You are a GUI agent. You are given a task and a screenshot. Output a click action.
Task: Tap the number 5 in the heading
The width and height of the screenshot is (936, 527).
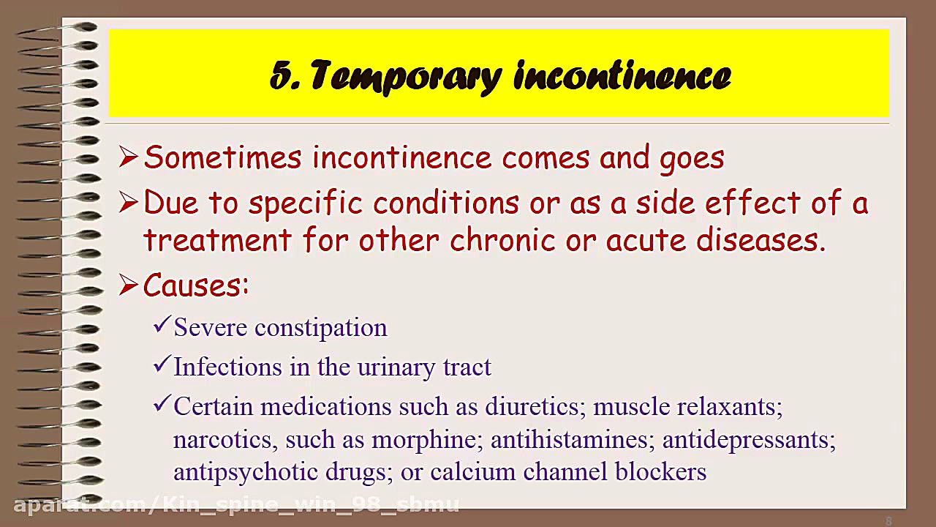pos(281,76)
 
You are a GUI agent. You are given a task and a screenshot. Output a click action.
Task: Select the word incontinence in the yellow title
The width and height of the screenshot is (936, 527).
pos(622,76)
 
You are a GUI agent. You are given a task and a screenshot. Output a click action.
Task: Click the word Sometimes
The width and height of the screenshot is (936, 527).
pos(223,158)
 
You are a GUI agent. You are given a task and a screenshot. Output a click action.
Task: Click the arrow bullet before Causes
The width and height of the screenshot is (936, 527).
pos(128,285)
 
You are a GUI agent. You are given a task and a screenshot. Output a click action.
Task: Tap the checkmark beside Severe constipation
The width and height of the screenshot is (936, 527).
pos(161,325)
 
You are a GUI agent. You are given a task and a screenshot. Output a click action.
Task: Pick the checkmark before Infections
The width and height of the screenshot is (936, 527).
pos(161,365)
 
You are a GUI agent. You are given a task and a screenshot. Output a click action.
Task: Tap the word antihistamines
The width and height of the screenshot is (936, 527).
pos(571,440)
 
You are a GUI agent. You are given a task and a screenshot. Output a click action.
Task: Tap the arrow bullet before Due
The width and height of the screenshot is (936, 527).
pos(128,203)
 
